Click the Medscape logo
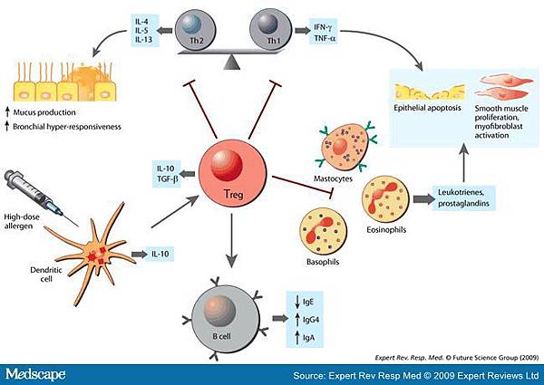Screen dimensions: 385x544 click(x=41, y=372)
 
